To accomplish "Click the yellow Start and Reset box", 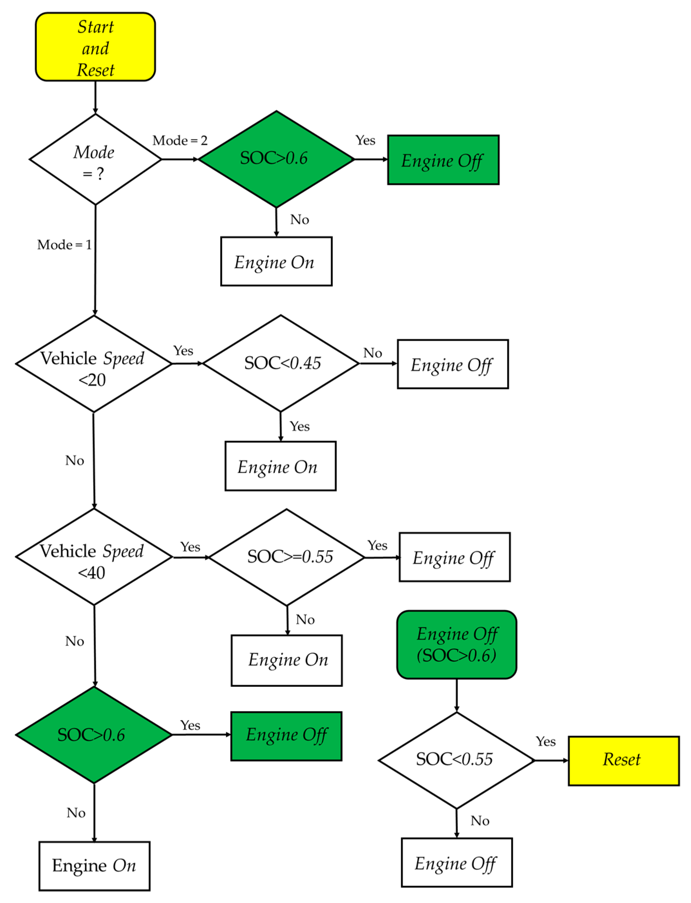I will click(95, 47).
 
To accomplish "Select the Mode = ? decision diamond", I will click(95, 160).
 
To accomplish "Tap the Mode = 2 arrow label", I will click(180, 141).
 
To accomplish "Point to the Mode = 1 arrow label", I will click(64, 245).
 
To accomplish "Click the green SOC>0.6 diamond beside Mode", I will click(276, 159).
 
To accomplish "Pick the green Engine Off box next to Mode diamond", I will click(443, 160).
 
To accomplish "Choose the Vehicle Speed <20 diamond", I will click(93, 364).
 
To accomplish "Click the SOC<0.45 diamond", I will click(281, 364).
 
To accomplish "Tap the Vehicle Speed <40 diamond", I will click(93, 557).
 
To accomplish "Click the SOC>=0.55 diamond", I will click(287, 557).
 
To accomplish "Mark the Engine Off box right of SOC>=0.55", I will click(454, 557).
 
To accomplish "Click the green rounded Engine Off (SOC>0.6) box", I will click(457, 644).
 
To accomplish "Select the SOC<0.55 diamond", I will click(456, 760).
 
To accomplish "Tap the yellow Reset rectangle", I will click(623, 761).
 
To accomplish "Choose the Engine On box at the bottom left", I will click(94, 866).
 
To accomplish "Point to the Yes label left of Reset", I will click(546, 741).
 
